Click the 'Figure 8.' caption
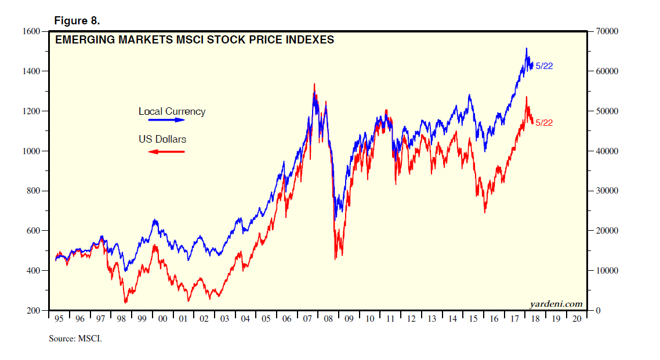(77, 21)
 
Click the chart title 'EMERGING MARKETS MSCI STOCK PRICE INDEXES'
(194, 40)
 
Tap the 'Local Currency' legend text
(172, 111)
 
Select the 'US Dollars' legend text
(162, 139)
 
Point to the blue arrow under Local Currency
(166, 121)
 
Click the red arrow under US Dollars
(166, 152)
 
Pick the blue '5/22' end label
(544, 66)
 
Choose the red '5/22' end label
(544, 122)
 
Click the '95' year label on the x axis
(59, 319)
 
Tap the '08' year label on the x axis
(328, 319)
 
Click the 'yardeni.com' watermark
(556, 304)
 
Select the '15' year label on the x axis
(473, 319)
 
